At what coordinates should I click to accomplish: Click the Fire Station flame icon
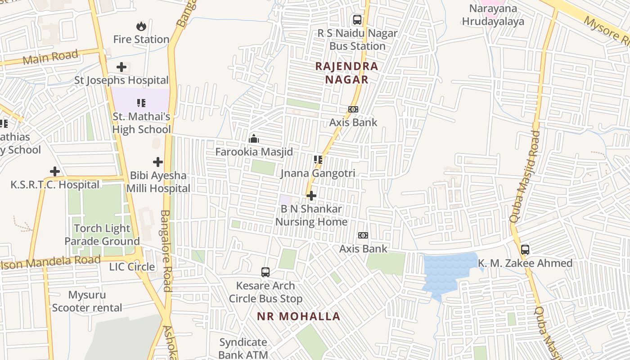[x=141, y=27]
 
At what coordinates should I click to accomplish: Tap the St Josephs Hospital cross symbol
[x=121, y=67]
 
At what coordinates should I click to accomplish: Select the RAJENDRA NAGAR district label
[x=346, y=73]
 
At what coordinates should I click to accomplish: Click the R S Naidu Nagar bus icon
[x=357, y=20]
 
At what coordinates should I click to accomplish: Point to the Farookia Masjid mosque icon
[x=254, y=139]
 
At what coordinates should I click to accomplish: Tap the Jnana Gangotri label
[x=318, y=173]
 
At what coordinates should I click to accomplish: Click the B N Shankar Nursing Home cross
[x=311, y=196]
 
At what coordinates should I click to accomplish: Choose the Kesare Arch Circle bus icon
[x=265, y=272]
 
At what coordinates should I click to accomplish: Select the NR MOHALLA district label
[x=299, y=316]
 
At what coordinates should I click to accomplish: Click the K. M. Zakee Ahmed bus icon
[x=525, y=250]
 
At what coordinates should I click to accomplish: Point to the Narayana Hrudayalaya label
[x=493, y=15]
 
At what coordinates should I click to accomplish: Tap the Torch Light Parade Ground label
[x=102, y=235]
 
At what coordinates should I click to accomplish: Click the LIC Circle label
[x=132, y=267]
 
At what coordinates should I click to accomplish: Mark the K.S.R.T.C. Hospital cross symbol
[x=55, y=171]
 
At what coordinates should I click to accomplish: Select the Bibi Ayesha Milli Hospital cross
[x=158, y=162]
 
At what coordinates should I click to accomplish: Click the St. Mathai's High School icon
[x=141, y=103]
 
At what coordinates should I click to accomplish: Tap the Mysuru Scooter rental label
[x=87, y=301]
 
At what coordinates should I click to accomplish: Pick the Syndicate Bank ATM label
[x=243, y=348]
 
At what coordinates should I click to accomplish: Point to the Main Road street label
[x=50, y=57]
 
